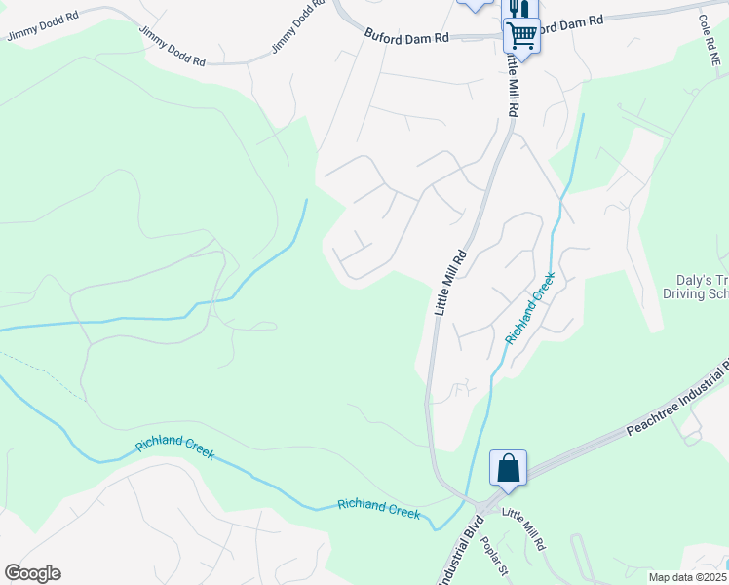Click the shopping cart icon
pyautogui.click(x=521, y=35)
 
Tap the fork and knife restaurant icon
pyautogui.click(x=518, y=9)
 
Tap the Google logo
pyautogui.click(x=32, y=573)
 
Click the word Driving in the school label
pyautogui.click(x=686, y=293)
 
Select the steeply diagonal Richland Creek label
pyautogui.click(x=530, y=308)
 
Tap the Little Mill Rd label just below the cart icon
pyautogui.click(x=511, y=83)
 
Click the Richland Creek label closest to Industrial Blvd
pyautogui.click(x=378, y=508)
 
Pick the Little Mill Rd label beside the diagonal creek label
pyautogui.click(x=450, y=283)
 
